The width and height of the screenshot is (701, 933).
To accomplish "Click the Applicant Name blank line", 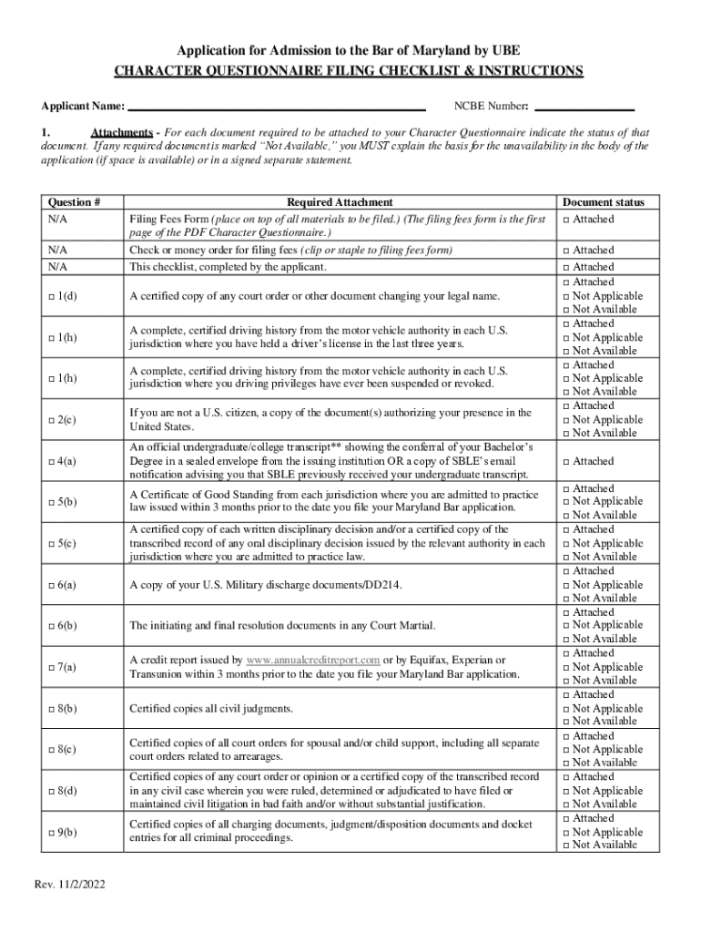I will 276,107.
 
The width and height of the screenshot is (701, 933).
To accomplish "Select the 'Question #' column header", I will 73,202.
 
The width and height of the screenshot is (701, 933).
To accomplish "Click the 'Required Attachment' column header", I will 339,202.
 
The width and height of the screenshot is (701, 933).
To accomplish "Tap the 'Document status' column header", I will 603,202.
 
